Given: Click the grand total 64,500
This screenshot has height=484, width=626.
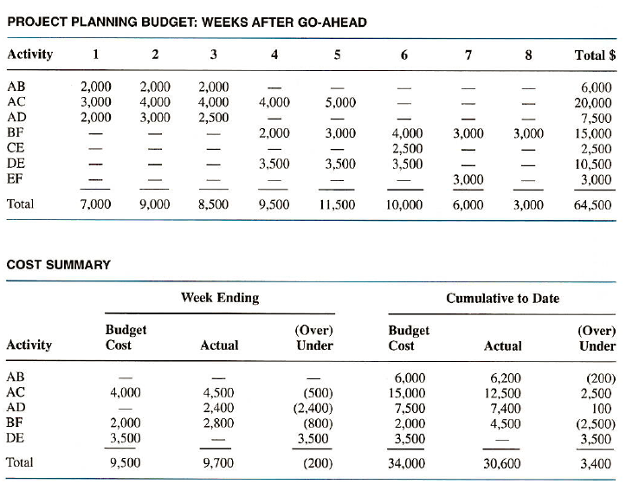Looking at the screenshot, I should pos(593,205).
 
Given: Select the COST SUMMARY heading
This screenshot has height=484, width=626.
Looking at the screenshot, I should pos(59,264).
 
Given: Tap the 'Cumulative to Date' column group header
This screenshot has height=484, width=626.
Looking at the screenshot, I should pos(502,299).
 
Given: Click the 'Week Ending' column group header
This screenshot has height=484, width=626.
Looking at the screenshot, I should pos(219,298).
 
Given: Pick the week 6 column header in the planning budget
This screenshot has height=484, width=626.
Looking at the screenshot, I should pos(404,55).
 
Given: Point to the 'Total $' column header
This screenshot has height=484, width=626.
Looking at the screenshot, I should pos(594,55).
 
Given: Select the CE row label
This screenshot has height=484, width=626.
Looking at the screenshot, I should pos(16,148).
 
